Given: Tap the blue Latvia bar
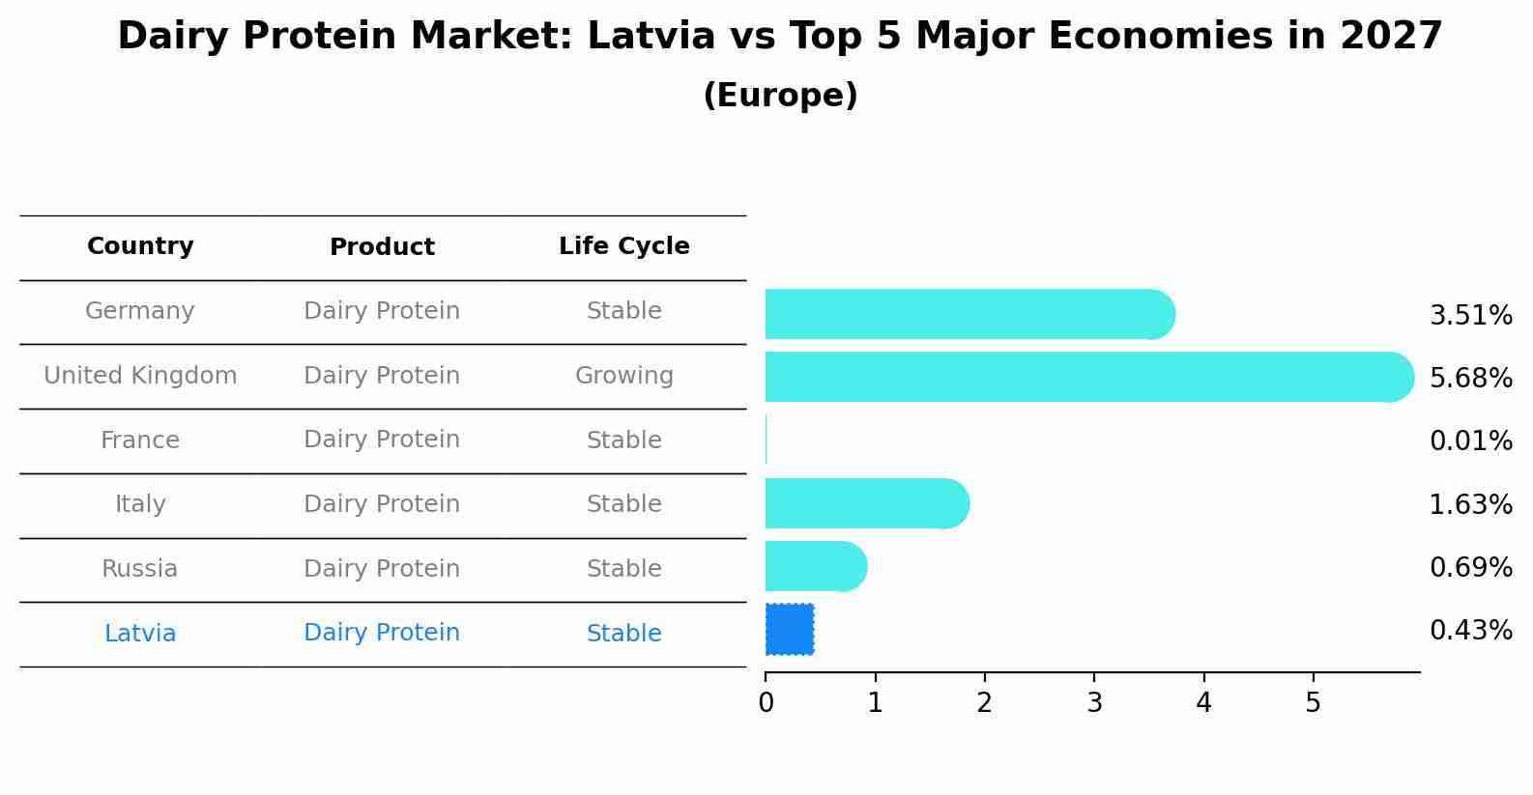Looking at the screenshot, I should (x=790, y=629).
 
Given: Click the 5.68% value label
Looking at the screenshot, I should (x=1470, y=378).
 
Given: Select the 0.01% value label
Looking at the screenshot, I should (x=1470, y=441).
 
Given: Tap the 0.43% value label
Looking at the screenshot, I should (x=1470, y=631).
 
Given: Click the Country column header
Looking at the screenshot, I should (x=140, y=246).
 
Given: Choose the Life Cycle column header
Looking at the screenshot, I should (x=623, y=246).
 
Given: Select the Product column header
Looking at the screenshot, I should (x=382, y=247).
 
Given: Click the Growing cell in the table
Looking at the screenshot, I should (x=623, y=376).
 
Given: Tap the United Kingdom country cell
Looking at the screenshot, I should (x=140, y=376).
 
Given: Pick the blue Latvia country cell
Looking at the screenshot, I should (x=140, y=634).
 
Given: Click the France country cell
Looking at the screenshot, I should (x=140, y=440).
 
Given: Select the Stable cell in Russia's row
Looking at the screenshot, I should (x=623, y=569).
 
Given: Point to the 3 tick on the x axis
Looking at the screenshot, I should (x=1094, y=703).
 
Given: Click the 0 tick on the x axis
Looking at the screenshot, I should (x=766, y=703).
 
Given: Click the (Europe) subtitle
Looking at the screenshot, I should (x=780, y=96).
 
